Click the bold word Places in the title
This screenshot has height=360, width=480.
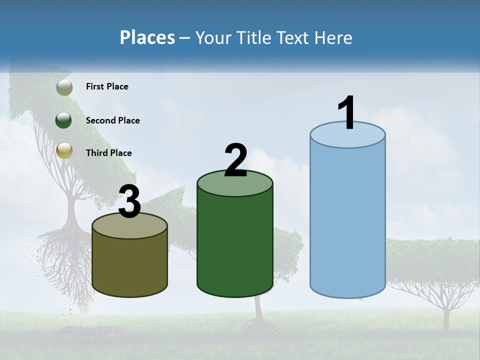click(x=147, y=37)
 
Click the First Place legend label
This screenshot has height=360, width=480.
click(x=107, y=86)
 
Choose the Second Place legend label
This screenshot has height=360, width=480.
click(x=112, y=120)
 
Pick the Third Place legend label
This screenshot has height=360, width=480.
click(x=108, y=153)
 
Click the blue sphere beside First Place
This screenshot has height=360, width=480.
click(x=64, y=87)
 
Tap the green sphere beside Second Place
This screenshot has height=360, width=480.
click(x=64, y=120)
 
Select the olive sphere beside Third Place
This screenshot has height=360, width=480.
click(x=64, y=150)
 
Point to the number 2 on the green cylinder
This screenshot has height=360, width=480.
click(x=235, y=160)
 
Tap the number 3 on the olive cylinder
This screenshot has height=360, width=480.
click(x=129, y=201)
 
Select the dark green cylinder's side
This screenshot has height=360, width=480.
click(x=235, y=245)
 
